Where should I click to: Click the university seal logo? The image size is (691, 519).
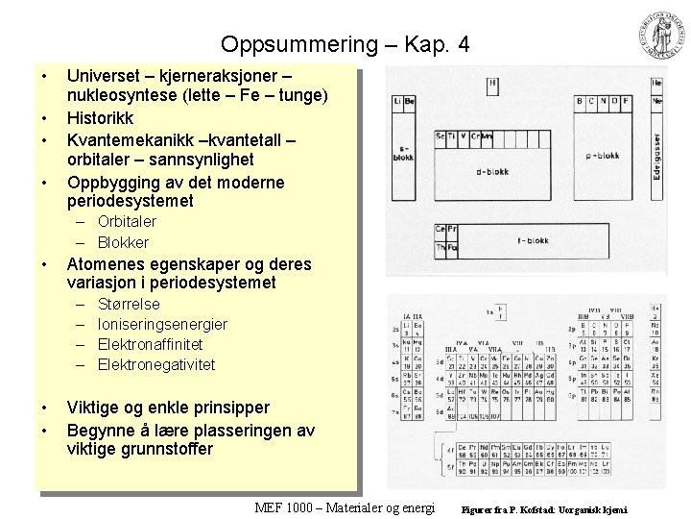[655, 36]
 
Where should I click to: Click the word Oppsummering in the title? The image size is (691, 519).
[280, 44]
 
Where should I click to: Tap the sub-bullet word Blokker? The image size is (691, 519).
[123, 242]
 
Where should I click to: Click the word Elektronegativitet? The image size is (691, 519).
[156, 364]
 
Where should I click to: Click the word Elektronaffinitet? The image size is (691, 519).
[150, 344]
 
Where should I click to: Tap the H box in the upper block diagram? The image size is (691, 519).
[493, 86]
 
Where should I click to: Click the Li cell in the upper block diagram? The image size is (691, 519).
[396, 101]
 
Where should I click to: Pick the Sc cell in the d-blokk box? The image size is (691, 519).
[441, 136]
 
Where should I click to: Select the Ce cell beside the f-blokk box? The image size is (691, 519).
[441, 229]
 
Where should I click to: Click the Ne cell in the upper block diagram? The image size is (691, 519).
[657, 100]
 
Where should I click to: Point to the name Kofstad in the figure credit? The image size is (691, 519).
[546, 508]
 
